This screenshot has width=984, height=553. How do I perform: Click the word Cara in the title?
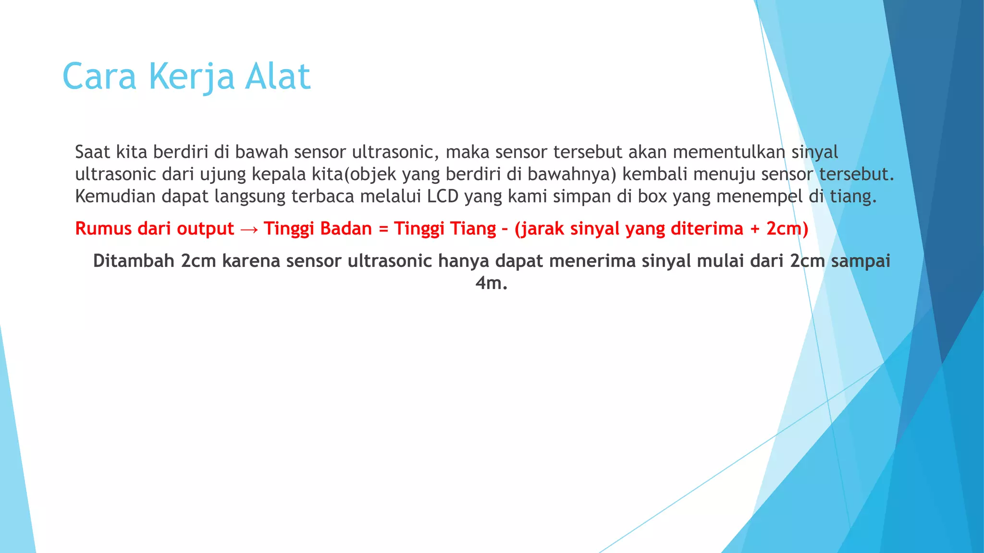(99, 77)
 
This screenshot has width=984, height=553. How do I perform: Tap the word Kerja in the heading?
(191, 77)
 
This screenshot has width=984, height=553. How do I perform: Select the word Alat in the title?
(278, 77)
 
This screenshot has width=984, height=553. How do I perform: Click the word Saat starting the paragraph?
(93, 152)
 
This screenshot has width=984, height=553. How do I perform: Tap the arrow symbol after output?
(249, 229)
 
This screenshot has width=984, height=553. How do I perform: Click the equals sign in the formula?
(383, 229)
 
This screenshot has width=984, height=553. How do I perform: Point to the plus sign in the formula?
(754, 229)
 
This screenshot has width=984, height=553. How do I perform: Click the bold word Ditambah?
(134, 261)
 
